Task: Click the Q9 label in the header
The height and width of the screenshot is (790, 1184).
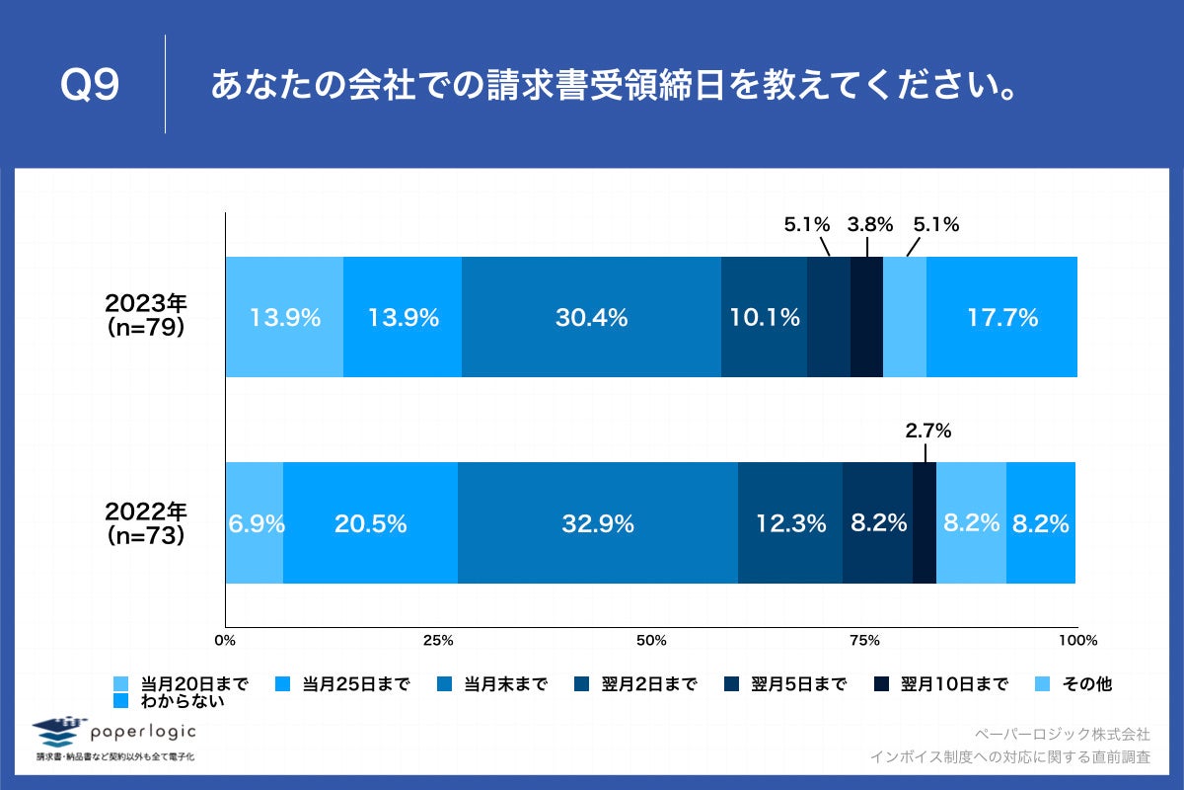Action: point(90,87)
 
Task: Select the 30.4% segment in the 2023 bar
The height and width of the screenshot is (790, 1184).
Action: point(591,317)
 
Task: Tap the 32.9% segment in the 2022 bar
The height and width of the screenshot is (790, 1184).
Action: point(597,522)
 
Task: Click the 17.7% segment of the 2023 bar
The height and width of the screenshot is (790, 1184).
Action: point(1001,317)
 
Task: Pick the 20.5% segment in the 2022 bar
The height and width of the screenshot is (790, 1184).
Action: point(370,522)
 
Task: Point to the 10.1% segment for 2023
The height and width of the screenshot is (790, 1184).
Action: point(764,317)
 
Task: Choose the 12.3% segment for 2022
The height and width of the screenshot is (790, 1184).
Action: point(789,522)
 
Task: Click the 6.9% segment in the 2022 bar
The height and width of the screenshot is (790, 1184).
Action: point(255,522)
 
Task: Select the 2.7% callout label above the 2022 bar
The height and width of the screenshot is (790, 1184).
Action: point(927,431)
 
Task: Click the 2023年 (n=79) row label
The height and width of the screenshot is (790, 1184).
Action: point(146,316)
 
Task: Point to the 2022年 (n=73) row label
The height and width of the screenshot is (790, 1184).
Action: point(146,522)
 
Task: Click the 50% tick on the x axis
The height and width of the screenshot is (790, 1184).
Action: point(651,641)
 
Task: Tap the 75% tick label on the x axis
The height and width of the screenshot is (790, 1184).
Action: point(864,641)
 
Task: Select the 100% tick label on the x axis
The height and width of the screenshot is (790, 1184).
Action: point(1077,641)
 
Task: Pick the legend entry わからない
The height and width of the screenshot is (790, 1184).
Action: point(182,702)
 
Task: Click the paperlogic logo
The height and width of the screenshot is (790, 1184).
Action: point(114,734)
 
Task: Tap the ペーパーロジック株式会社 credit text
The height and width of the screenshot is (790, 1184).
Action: point(1062,735)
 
